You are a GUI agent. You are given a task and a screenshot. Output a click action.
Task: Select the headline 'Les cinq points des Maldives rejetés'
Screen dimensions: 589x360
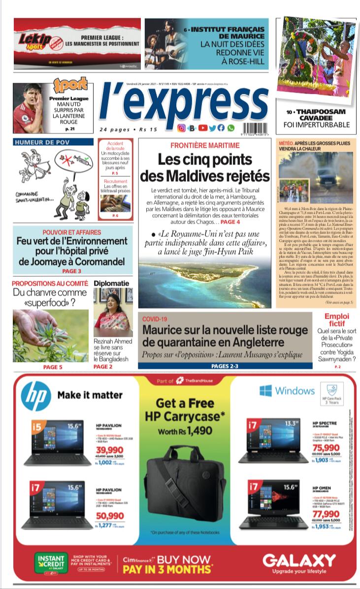point(205,167)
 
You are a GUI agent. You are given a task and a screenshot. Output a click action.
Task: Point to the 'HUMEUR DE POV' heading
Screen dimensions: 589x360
point(42,142)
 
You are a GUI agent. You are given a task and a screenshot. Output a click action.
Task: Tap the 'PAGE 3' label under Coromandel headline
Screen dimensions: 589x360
point(72,271)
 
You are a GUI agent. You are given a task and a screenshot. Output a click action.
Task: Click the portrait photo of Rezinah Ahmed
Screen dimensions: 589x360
point(113,312)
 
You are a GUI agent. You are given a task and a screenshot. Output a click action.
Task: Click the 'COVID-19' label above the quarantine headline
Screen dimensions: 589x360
point(155,319)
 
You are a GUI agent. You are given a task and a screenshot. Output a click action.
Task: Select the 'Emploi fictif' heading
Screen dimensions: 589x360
point(337,320)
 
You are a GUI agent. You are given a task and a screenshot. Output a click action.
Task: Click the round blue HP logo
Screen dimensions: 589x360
point(35,396)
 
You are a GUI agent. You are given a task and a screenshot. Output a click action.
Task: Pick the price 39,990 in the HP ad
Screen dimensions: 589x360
point(110,450)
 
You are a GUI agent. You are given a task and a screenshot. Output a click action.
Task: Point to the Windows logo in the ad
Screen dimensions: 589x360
point(266,391)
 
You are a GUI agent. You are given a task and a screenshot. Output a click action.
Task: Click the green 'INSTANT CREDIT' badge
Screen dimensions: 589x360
point(51,562)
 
